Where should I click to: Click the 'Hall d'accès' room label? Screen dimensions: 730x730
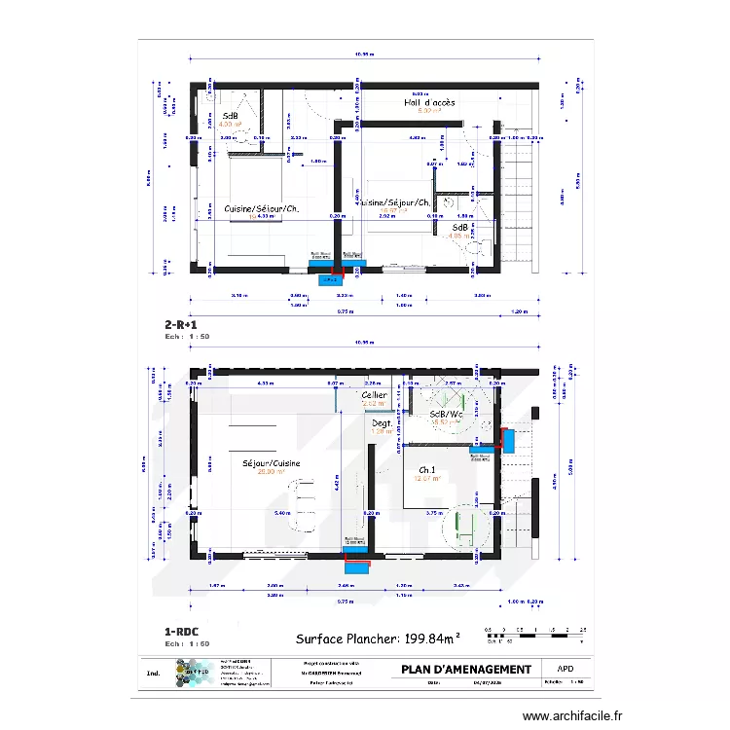tap(429, 102)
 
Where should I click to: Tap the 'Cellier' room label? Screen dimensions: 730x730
tap(374, 395)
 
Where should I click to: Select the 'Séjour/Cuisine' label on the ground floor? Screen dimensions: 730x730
tap(272, 464)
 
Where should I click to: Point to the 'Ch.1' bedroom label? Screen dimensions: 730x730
tap(427, 469)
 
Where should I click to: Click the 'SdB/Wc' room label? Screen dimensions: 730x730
tap(446, 414)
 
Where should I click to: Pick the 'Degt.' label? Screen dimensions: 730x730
tap(381, 423)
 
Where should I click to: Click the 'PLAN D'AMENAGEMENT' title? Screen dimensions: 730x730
tap(466, 669)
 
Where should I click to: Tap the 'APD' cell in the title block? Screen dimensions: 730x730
tap(565, 669)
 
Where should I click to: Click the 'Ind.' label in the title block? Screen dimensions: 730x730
tap(153, 673)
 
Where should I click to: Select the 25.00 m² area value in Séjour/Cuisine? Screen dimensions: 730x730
tap(271, 474)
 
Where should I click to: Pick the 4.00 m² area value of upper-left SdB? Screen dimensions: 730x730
tap(230, 125)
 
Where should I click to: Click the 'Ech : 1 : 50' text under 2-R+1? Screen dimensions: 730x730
tap(188, 337)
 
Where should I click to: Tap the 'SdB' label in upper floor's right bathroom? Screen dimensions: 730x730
tap(457, 226)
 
